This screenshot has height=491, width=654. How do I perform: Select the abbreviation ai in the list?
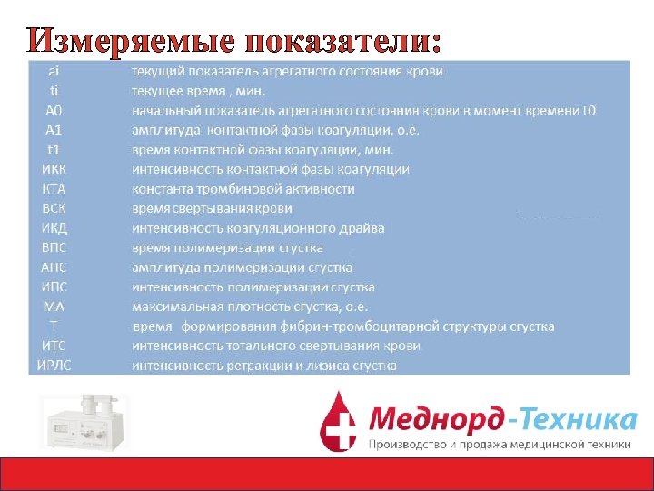[54, 70]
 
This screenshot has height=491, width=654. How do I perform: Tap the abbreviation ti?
[54, 90]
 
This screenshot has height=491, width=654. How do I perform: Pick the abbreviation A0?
[54, 110]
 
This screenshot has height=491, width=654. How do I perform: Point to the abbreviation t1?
[54, 149]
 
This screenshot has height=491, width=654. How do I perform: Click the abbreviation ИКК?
[54, 169]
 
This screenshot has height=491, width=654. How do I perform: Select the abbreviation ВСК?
[54, 208]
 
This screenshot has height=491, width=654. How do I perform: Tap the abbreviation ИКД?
[54, 228]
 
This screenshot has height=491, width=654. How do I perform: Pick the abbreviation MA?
[54, 306]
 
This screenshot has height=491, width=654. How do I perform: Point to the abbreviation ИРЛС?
[54, 366]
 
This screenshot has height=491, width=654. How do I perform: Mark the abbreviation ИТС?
[54, 346]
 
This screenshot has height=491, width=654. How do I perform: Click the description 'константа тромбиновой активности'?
[243, 189]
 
